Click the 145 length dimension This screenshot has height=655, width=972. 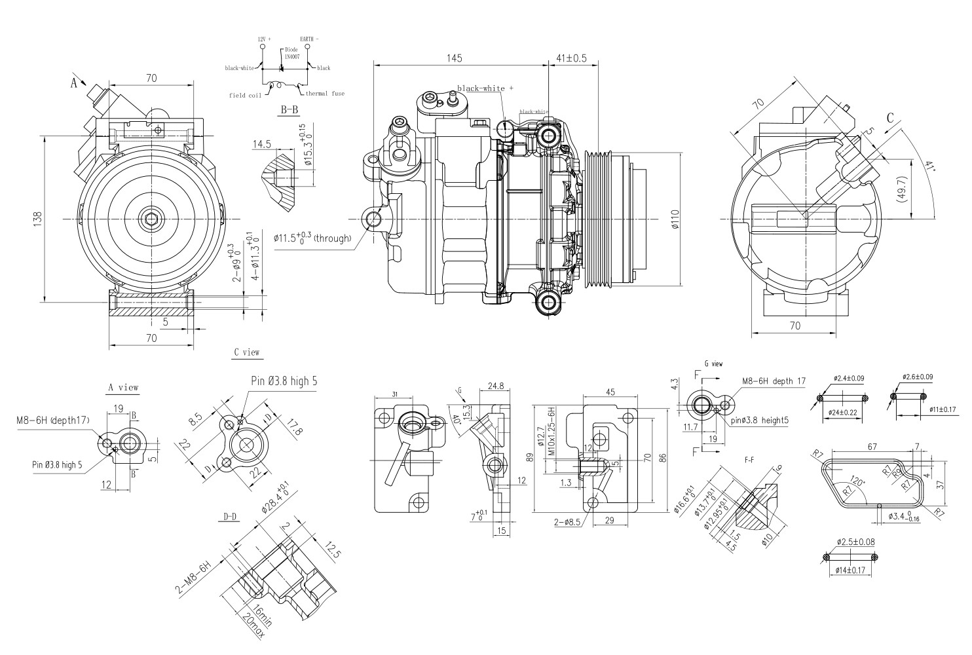(x=455, y=58)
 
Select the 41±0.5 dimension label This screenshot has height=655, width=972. (x=571, y=58)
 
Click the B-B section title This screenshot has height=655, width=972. (x=289, y=110)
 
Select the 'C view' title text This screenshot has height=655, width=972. (x=247, y=352)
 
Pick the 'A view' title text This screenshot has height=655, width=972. (x=123, y=387)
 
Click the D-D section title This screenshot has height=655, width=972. (x=229, y=517)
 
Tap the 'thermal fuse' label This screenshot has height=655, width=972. (x=325, y=94)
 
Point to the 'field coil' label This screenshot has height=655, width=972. (x=245, y=95)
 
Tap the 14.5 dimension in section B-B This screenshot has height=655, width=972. (x=260, y=144)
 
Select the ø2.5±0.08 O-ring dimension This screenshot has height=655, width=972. (x=855, y=542)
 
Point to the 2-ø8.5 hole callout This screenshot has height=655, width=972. (x=567, y=522)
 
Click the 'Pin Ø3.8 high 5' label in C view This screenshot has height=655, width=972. (x=285, y=381)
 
